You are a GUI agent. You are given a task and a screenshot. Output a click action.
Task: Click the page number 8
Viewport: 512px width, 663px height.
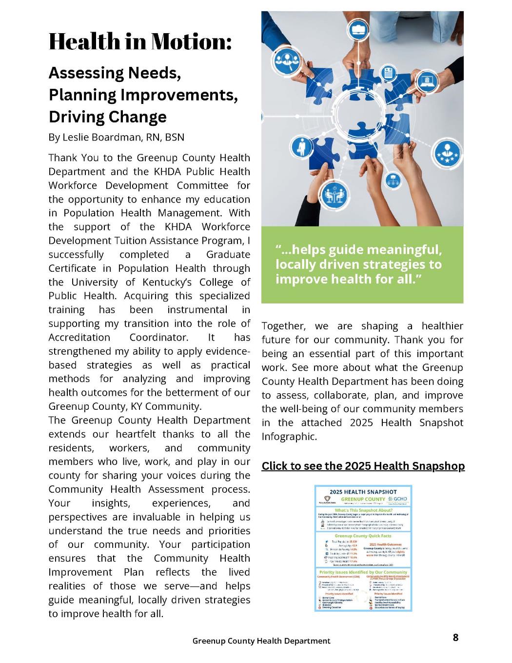(455, 637)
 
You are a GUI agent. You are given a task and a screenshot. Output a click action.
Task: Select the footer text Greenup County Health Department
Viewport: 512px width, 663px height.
(261, 641)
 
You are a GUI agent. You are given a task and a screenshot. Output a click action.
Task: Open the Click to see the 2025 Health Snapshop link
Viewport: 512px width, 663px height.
(363, 466)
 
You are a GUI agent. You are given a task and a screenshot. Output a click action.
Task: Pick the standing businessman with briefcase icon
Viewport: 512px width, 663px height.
(298, 147)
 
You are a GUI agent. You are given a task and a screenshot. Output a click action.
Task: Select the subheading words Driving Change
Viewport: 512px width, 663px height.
(107, 117)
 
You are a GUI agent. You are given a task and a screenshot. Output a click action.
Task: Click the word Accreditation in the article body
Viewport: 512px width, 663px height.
(79, 338)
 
